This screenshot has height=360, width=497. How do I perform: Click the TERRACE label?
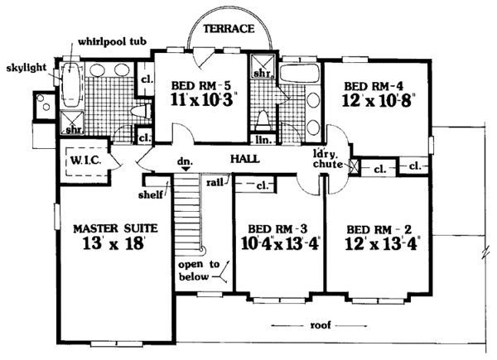[x=229, y=29]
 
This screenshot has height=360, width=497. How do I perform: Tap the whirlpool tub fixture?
[x=71, y=85]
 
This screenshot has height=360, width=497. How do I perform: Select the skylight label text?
[x=27, y=67]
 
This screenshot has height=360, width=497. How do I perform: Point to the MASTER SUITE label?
[x=115, y=228]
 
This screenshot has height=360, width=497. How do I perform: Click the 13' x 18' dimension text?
[x=114, y=244]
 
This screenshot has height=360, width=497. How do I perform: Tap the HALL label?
[x=244, y=159]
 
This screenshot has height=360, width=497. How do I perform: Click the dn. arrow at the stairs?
[x=186, y=169]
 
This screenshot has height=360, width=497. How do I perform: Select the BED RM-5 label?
[x=200, y=85]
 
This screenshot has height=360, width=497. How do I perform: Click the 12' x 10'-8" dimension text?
[x=379, y=101]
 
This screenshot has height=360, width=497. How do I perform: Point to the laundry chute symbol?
[x=354, y=166]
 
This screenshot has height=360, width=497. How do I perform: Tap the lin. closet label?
[x=263, y=140]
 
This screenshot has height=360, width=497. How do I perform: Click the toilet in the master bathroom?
[x=141, y=112]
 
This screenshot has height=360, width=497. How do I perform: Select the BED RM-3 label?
[x=277, y=228]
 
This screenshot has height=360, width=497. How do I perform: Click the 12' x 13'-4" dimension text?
[x=383, y=244]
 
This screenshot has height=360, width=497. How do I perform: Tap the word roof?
[x=320, y=325]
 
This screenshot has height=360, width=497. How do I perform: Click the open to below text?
[x=199, y=271]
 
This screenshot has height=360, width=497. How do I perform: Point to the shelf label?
[x=151, y=194]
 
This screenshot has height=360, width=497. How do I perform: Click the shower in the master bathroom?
[x=72, y=122]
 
